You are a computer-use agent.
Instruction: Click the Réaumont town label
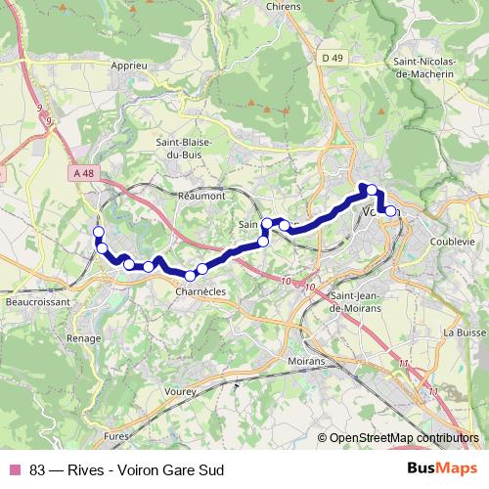coord(201,196)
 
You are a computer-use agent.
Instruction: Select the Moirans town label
coord(307,361)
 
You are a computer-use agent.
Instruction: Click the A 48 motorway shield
coord(84,173)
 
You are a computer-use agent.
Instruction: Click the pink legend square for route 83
coord(14,468)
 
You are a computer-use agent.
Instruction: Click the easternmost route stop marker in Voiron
coord(390,211)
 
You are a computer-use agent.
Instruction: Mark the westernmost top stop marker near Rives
coord(97,232)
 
